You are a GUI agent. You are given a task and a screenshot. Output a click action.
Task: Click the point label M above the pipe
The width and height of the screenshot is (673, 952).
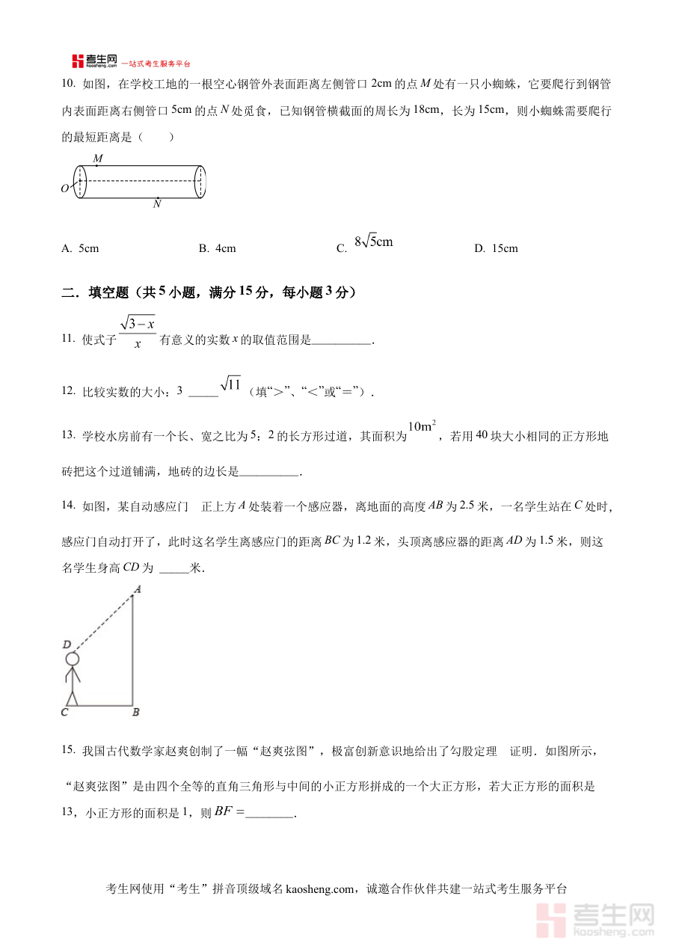(x=98, y=159)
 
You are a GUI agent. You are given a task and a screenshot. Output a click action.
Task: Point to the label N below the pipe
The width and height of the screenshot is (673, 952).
(x=157, y=204)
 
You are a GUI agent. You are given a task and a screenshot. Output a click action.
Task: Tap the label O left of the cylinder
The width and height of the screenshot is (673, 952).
(x=65, y=188)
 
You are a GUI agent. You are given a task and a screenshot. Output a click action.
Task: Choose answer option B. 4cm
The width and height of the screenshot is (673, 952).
(x=218, y=248)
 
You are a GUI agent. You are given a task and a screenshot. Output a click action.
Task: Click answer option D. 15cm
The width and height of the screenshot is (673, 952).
(x=496, y=248)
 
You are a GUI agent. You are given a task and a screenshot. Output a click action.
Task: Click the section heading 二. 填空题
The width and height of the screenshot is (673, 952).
(x=209, y=293)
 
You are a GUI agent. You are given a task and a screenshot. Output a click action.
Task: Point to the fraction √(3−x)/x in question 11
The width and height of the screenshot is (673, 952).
(x=138, y=332)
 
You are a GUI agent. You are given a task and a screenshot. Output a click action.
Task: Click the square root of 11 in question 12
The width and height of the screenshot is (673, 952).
(x=231, y=384)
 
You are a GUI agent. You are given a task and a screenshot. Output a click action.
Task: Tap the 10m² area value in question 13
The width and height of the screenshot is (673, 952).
(x=422, y=428)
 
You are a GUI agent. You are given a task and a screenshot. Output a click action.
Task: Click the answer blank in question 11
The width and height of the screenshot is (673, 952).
(x=341, y=341)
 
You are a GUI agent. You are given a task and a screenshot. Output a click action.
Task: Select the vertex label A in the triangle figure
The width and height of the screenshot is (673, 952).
(x=138, y=589)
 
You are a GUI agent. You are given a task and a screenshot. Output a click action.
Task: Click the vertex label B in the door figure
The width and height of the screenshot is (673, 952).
(x=136, y=713)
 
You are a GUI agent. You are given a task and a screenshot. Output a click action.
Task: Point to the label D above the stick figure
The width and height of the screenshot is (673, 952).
(x=67, y=645)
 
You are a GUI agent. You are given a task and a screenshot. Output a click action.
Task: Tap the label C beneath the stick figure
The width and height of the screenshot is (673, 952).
(x=64, y=713)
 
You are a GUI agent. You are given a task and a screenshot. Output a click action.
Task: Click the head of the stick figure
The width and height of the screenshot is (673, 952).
(x=72, y=659)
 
